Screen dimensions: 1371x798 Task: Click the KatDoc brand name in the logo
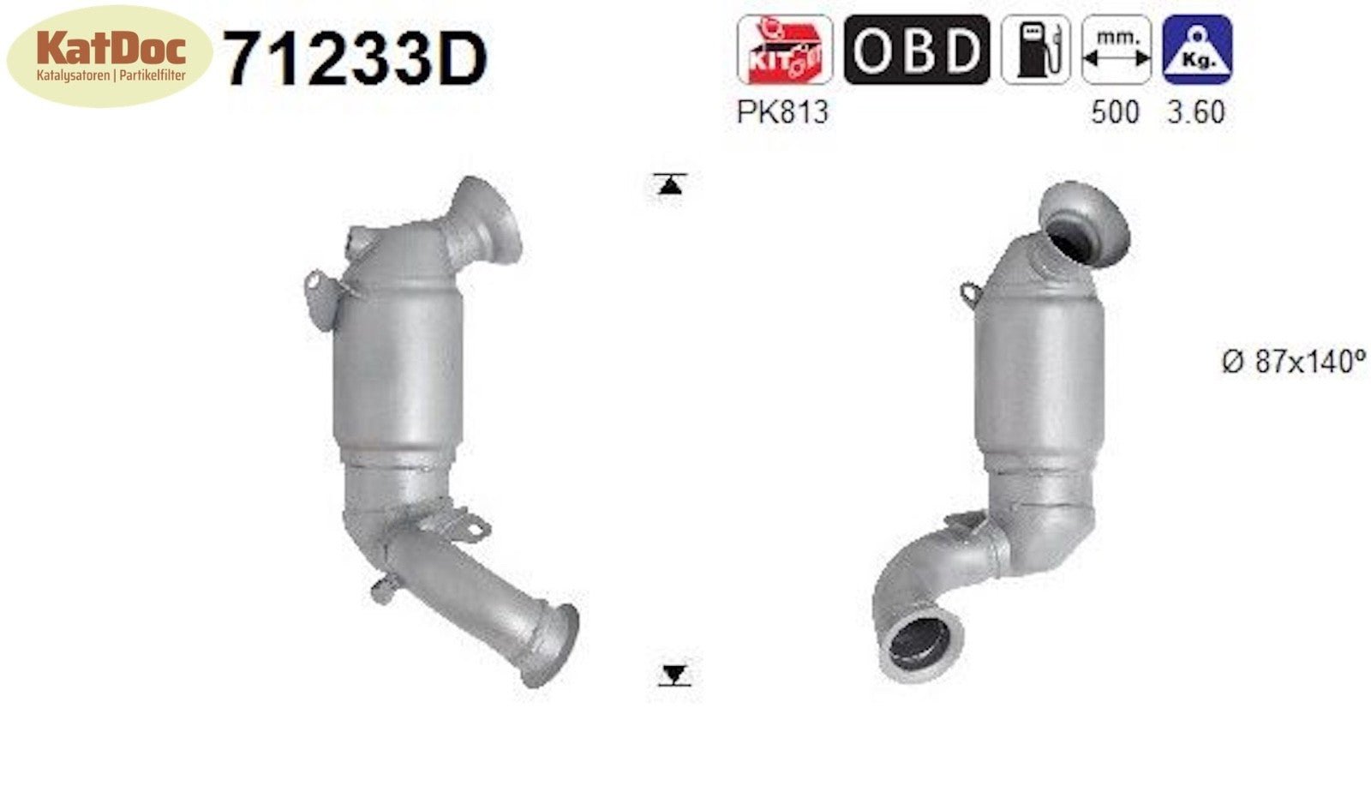pos(111,48)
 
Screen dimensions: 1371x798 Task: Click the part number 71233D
pos(356,59)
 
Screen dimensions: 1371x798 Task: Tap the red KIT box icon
pos(785,50)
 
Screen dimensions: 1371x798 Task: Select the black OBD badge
pos(916,50)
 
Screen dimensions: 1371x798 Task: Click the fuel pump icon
pos(1036,50)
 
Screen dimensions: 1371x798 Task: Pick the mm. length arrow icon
pos(1117,50)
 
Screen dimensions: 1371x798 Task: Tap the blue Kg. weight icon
pos(1197,50)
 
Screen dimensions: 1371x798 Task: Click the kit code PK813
pos(782,112)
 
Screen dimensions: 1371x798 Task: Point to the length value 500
pos(1115,112)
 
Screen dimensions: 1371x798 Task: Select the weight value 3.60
pos(1196,112)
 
